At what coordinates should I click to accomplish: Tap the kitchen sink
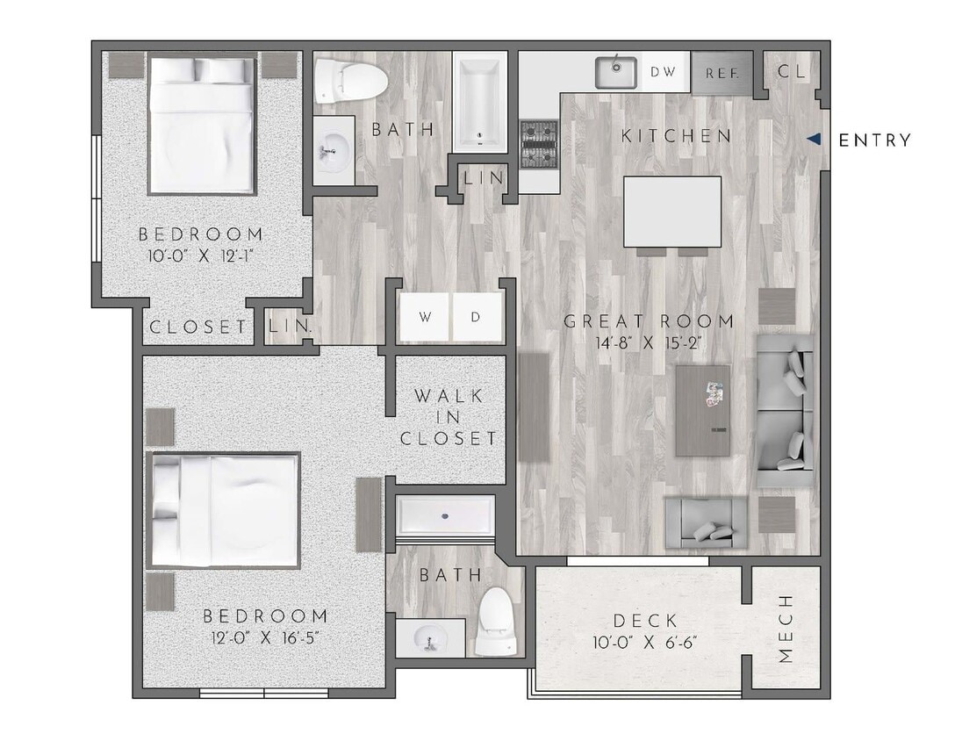click(x=615, y=72)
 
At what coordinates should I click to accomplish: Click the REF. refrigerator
click(x=722, y=73)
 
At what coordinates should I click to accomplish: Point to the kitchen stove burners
click(x=539, y=144)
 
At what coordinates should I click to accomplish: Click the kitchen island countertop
click(x=672, y=211)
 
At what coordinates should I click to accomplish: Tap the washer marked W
click(x=425, y=317)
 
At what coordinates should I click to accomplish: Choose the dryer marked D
click(x=476, y=317)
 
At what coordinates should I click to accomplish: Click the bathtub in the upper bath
click(x=480, y=101)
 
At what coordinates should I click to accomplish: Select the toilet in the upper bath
click(x=352, y=81)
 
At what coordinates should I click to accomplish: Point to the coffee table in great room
click(x=703, y=410)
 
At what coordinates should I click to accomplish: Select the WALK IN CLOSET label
click(x=449, y=417)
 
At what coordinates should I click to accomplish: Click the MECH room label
click(x=786, y=629)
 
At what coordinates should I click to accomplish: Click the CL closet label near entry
click(x=791, y=72)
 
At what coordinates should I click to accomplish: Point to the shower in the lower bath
click(x=444, y=516)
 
